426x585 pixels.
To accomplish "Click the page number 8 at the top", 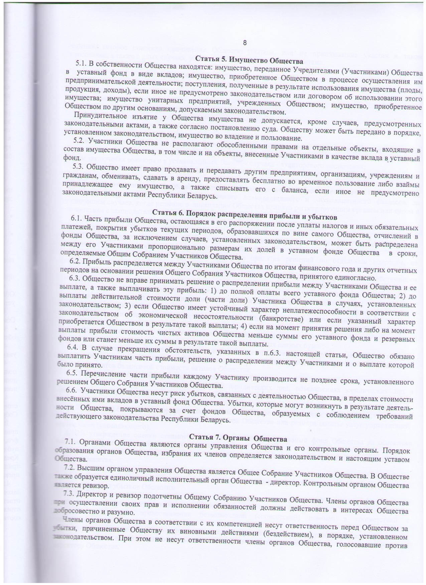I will coord(245,43).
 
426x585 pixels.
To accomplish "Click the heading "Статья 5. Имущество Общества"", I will coord(249,61).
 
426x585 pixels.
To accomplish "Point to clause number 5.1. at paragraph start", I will coord(82,64).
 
